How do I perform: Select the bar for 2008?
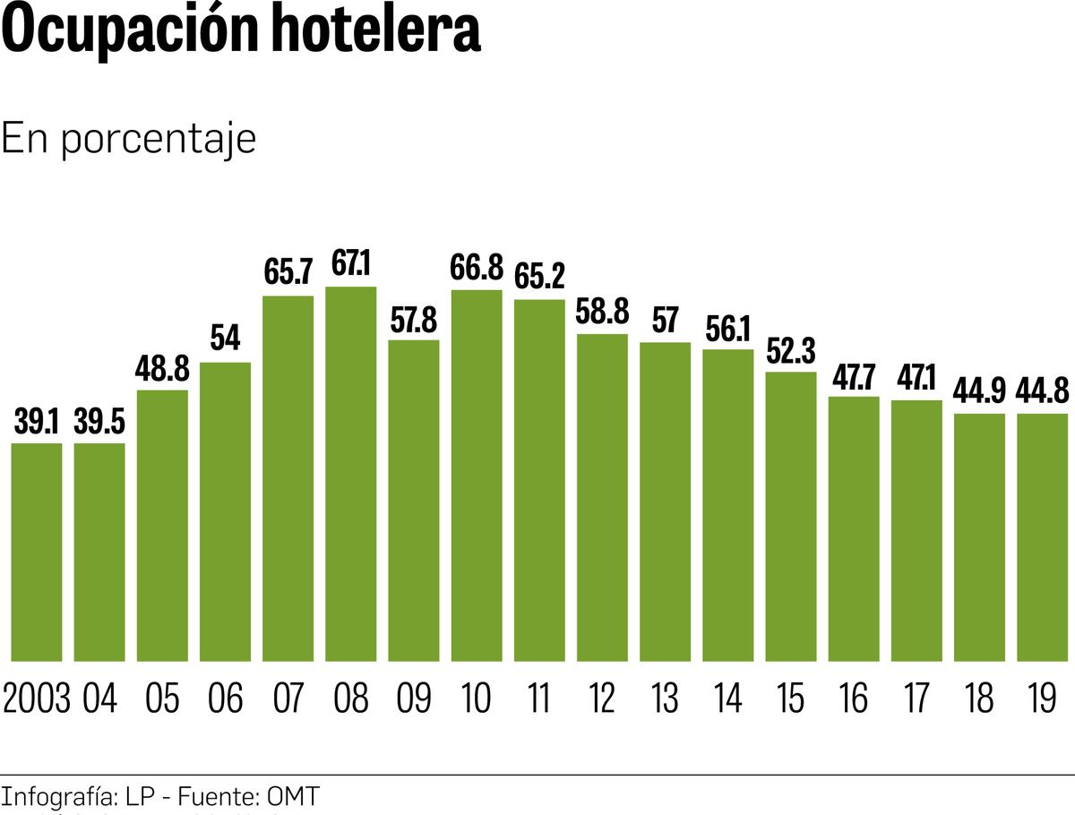click(x=350, y=474)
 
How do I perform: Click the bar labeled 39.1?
click(x=37, y=552)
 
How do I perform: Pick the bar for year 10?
click(x=476, y=476)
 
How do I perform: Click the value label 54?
click(x=225, y=341)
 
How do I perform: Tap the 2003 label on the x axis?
click(x=37, y=699)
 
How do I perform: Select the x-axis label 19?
click(x=1042, y=699)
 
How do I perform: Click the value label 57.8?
click(x=413, y=320)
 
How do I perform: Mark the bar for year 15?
click(x=791, y=517)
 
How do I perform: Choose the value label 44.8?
click(x=1043, y=391)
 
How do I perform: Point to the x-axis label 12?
click(x=602, y=699)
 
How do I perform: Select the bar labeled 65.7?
click(x=288, y=478)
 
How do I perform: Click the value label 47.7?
click(x=854, y=376)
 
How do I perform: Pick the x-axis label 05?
click(x=162, y=699)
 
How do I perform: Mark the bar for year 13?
click(x=665, y=502)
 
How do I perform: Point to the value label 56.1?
click(x=728, y=329)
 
